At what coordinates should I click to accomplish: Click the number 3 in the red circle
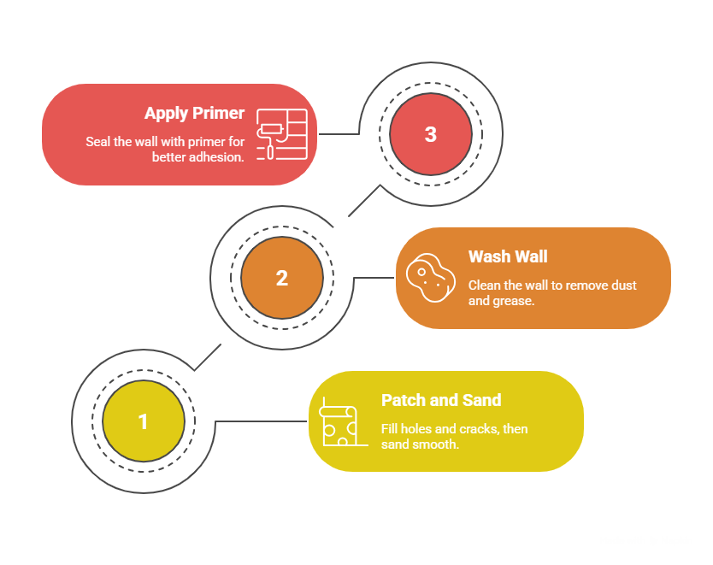point(430,135)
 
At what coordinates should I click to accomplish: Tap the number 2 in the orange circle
point(282,279)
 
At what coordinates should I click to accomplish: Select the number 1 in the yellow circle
point(143,422)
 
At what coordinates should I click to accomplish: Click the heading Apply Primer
point(194,114)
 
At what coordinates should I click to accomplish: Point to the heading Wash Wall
point(508,256)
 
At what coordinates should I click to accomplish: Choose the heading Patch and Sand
point(441,400)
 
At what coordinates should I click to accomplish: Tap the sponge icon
point(427,278)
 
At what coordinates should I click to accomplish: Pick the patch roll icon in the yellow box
point(339,422)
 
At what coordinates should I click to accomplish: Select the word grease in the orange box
point(516,301)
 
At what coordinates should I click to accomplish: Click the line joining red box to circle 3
point(339,134)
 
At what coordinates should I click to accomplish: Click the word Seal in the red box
point(97,142)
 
